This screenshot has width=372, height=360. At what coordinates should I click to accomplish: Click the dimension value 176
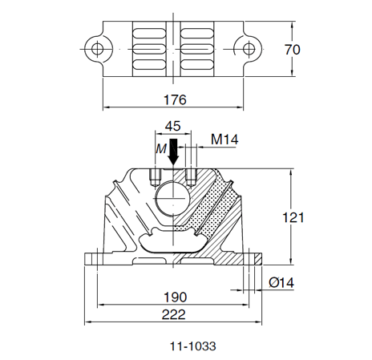[174, 100]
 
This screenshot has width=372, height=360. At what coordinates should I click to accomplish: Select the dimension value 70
[292, 50]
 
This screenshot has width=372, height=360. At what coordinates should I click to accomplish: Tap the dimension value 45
[172, 126]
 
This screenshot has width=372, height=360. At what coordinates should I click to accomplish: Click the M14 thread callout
[224, 140]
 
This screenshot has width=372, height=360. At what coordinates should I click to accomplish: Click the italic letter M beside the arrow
[160, 148]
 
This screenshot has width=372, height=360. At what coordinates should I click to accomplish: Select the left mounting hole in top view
[97, 49]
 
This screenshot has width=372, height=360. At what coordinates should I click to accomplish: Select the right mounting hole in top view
[251, 49]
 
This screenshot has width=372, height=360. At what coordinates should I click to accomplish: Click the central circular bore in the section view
[173, 196]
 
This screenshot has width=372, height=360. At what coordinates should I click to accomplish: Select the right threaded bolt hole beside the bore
[191, 176]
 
